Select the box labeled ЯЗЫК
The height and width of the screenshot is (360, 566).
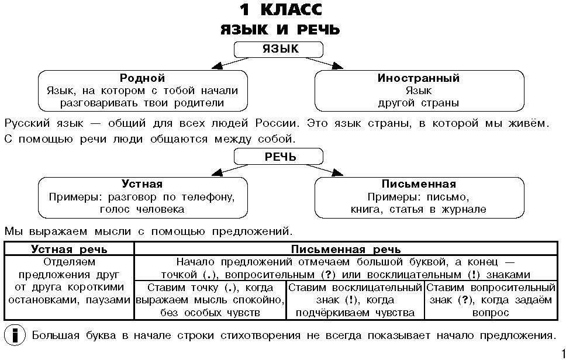click(x=278, y=49)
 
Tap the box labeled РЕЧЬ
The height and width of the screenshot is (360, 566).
click(x=278, y=157)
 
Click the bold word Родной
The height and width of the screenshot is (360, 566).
click(x=142, y=78)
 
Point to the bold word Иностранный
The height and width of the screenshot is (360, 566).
click(x=418, y=78)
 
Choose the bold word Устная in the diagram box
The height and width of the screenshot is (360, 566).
click(x=142, y=185)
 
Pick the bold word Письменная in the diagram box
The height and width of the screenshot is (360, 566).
click(x=418, y=185)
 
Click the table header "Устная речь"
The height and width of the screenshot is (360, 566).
click(x=69, y=248)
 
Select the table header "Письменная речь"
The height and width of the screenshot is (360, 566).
click(x=345, y=248)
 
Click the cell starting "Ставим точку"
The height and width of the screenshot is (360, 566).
click(x=210, y=300)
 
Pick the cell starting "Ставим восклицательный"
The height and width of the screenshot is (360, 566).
click(x=355, y=300)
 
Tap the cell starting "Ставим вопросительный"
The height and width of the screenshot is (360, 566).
click(x=490, y=300)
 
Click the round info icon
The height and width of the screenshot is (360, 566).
click(x=14, y=335)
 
